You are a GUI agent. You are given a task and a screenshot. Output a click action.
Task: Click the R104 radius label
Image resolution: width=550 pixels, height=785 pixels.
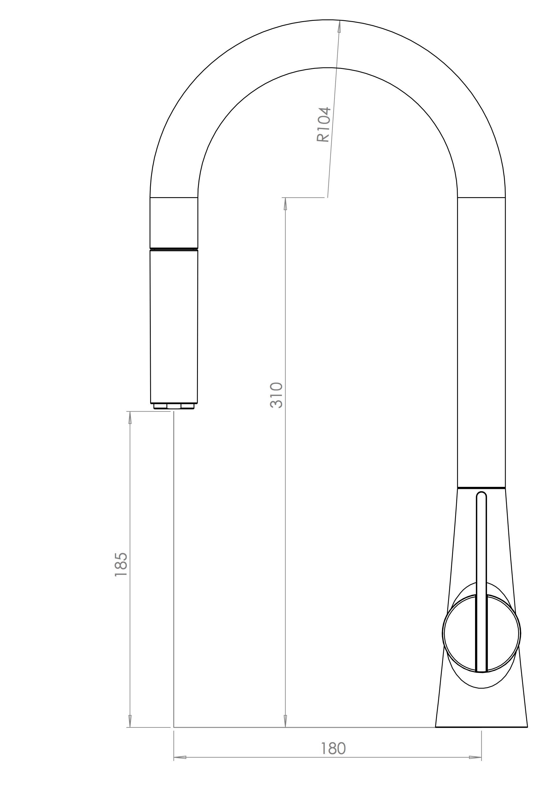point(323,124)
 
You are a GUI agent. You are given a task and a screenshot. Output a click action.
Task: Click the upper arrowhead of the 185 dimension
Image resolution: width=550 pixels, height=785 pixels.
point(130,417)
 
